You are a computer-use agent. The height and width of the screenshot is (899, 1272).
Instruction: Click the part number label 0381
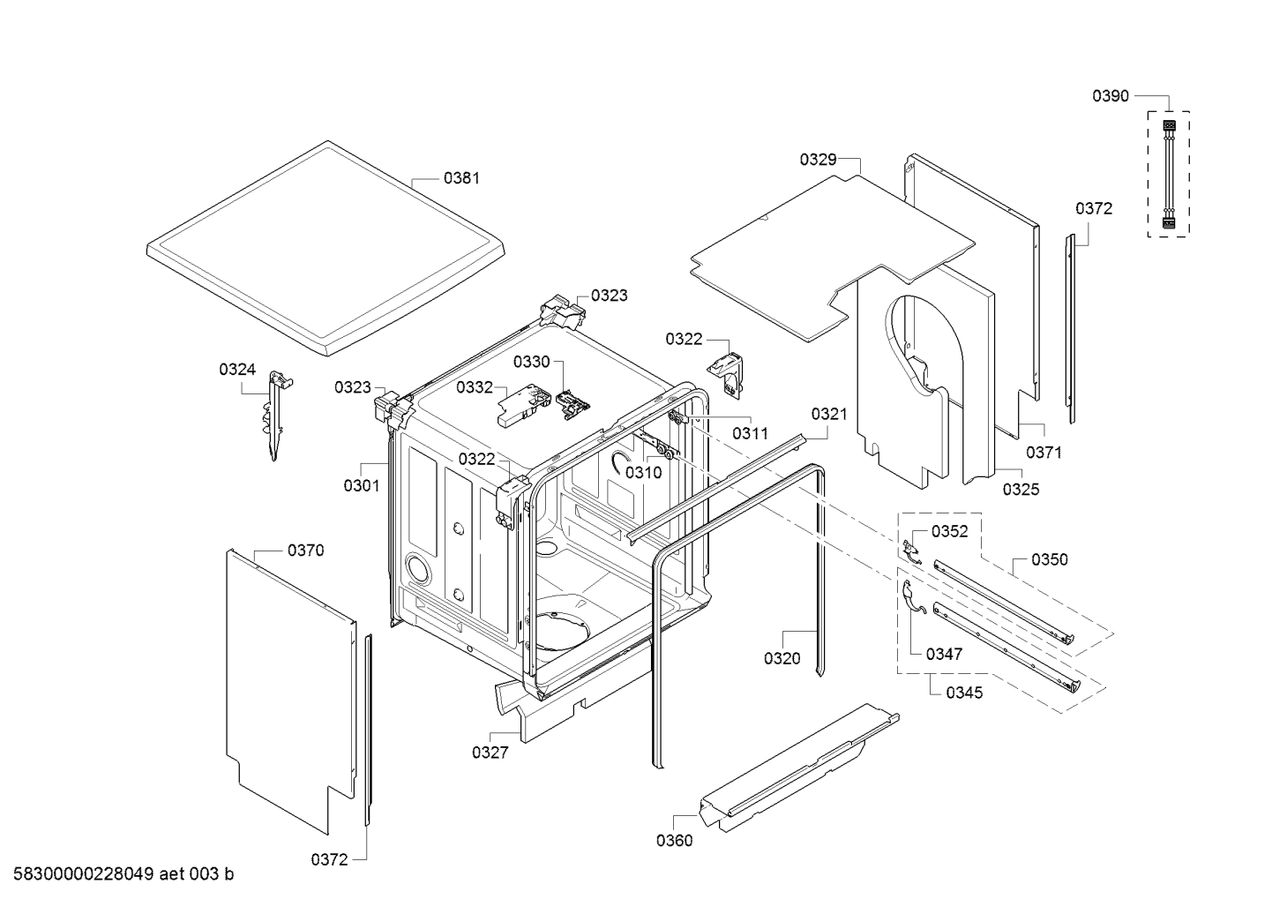(461, 178)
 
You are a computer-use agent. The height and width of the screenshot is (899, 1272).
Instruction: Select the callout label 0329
(818, 160)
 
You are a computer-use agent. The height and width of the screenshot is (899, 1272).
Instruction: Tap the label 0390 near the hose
(1111, 96)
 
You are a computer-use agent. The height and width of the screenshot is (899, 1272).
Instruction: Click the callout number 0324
(237, 370)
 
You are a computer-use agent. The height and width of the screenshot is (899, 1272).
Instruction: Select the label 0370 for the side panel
(305, 551)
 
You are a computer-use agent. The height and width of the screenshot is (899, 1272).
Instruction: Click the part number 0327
(490, 753)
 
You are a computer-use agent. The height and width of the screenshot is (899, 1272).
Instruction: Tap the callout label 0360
(674, 841)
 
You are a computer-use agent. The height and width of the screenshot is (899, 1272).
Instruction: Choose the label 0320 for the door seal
(782, 658)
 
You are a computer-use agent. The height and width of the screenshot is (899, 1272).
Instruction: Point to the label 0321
(829, 414)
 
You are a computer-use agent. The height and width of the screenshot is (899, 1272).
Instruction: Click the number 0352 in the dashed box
(949, 531)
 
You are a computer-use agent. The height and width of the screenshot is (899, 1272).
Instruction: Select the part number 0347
(944, 654)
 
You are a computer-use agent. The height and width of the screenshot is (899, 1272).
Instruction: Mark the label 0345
(964, 693)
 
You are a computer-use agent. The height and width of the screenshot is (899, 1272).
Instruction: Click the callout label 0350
(1050, 559)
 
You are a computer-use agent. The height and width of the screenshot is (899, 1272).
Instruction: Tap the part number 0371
(1044, 453)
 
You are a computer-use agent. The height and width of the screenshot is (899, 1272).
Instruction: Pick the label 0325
(1021, 490)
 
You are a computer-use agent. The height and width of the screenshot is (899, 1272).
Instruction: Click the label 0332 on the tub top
(475, 387)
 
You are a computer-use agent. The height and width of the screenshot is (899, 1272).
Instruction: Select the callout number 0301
(362, 485)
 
